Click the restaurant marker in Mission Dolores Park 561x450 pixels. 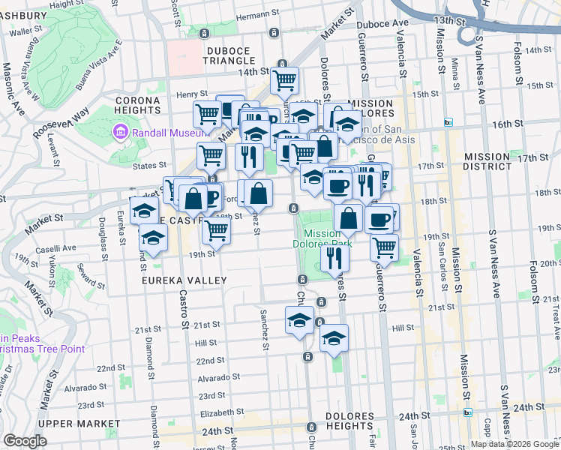(x=334, y=256)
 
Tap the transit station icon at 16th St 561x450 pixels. (x=448, y=122)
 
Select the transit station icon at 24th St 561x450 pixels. (x=467, y=412)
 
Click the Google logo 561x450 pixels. (x=25, y=441)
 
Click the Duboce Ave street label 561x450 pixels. (x=383, y=24)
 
